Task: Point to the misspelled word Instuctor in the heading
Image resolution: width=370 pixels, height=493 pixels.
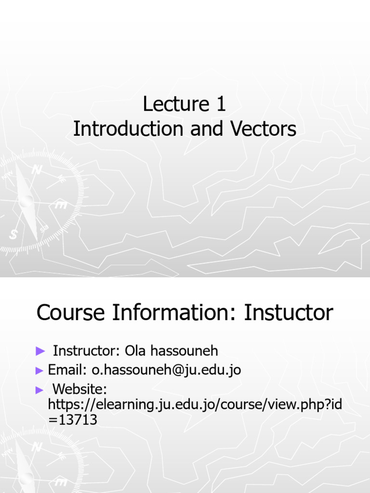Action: coord(289,313)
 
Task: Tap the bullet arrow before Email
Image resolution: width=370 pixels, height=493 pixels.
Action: coord(40,370)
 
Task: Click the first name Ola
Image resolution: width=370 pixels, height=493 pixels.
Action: coord(135,350)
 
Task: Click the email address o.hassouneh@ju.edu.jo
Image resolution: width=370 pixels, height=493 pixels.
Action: coord(166,370)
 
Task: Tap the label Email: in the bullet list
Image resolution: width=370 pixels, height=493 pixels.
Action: coord(68,370)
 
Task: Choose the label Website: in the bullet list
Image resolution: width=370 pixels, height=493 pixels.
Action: coord(79,389)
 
